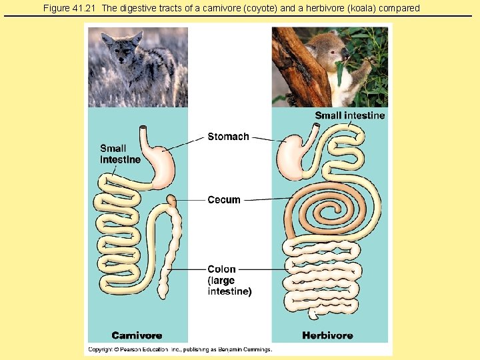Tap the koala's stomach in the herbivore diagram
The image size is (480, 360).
point(290,158)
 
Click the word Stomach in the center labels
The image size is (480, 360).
point(228,137)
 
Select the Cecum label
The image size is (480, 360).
point(224,200)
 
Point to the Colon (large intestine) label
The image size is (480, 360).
point(229,281)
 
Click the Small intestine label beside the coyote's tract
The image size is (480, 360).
point(120,154)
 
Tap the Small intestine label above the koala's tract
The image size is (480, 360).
point(350,115)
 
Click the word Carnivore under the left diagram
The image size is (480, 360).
point(137,335)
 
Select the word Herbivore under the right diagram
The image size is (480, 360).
point(327,335)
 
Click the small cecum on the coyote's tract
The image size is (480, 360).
point(171,199)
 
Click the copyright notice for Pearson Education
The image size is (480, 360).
point(180,349)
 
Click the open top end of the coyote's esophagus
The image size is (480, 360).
point(143,127)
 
